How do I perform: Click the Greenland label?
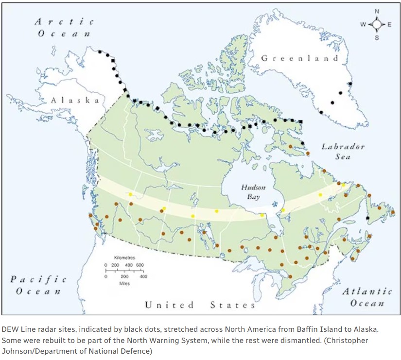click(299, 58)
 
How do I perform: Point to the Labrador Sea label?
click(343, 152)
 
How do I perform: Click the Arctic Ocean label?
click(64, 28)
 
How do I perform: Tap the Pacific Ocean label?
click(38, 285)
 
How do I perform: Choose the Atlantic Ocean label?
click(366, 297)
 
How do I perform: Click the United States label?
click(200, 305)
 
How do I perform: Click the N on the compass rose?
click(377, 11)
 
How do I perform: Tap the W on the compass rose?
click(363, 24)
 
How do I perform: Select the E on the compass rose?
click(389, 24)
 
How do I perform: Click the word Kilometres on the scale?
click(124, 257)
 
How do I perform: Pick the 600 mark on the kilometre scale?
click(139, 265)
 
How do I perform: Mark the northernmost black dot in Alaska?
click(100, 51)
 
